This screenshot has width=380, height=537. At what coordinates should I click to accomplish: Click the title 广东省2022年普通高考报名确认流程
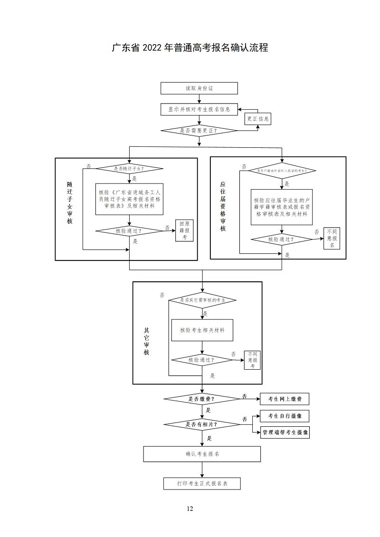190,48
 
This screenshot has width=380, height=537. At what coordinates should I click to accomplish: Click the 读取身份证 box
199,88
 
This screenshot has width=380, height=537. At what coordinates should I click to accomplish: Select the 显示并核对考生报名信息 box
199,109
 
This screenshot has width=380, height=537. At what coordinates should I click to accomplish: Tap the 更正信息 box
258,119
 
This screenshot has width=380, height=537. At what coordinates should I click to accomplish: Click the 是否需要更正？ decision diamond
199,130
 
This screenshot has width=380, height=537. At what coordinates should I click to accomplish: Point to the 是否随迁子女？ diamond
130,168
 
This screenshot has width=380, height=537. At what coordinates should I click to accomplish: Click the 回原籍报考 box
185,230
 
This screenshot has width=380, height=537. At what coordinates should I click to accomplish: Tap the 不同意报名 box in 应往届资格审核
332,238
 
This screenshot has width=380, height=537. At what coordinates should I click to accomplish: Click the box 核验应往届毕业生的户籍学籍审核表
282,207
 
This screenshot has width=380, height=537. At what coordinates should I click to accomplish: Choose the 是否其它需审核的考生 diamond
202,300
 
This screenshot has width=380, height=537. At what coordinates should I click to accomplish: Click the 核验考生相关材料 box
202,330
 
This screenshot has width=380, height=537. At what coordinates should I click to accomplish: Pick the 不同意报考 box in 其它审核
252,360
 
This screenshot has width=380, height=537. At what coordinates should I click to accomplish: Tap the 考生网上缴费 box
285,399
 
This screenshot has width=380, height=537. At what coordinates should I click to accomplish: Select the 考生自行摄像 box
285,416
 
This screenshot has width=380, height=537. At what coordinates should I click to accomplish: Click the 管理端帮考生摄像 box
285,432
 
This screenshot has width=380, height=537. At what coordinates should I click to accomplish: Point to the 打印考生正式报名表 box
202,483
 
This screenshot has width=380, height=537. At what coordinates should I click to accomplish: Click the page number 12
190,509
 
